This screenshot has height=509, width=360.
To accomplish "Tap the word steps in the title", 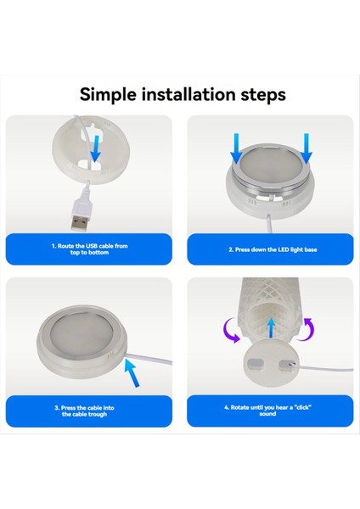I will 262,93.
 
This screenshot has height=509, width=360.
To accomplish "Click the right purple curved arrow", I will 308,330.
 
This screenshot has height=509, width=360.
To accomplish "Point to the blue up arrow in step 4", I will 269,326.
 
